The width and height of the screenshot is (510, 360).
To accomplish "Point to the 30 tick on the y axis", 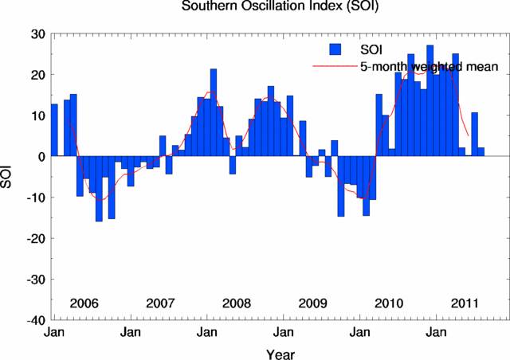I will (x=36, y=34).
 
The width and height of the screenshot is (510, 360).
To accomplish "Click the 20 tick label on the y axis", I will (x=36, y=75).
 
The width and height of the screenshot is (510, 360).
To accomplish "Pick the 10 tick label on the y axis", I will (x=36, y=115).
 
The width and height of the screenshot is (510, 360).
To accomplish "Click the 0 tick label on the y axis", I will (x=40, y=157).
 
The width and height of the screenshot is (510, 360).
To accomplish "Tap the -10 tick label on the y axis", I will (x=33, y=198).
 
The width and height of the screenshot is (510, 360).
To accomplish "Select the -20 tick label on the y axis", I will (x=33, y=238).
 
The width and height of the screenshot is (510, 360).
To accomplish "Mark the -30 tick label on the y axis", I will (x=33, y=280).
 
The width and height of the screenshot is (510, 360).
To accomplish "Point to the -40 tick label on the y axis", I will (x=33, y=320).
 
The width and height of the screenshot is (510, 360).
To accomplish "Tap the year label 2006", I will (x=84, y=303).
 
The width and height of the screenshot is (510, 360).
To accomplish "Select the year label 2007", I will (x=161, y=303).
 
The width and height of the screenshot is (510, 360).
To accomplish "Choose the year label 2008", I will (x=237, y=303).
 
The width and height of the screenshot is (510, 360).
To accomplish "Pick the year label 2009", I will (x=313, y=303).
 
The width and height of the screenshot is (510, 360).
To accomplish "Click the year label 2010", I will (x=390, y=303).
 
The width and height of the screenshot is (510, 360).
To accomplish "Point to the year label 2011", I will (x=465, y=303).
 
